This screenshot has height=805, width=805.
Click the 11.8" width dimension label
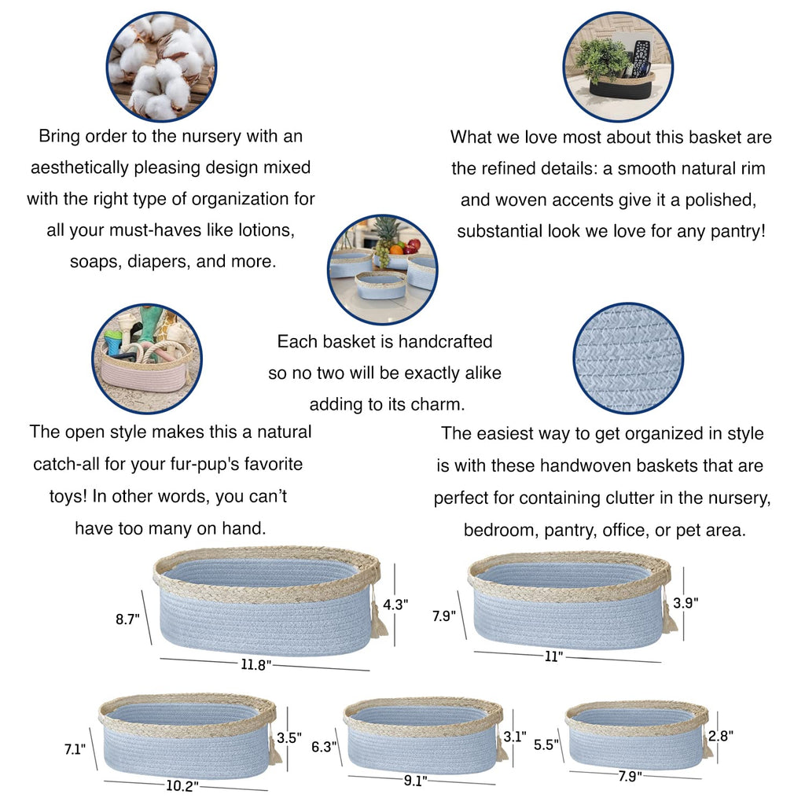pyautogui.click(x=255, y=665)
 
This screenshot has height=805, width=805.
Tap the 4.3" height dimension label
pyautogui.click(x=395, y=605)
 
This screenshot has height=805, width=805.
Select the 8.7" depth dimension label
pyautogui.click(x=127, y=619)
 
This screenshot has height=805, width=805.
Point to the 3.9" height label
pyautogui.click(x=686, y=603)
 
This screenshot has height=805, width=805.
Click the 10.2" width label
pyautogui.click(x=182, y=786)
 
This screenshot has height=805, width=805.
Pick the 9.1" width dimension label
pyautogui.click(x=415, y=781)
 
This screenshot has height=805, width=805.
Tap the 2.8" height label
pyautogui.click(x=721, y=736)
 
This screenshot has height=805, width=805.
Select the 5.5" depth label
pyautogui.click(x=546, y=744)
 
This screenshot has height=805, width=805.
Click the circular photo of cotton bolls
pyautogui.click(x=161, y=67)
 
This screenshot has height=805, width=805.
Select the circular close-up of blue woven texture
pyautogui.click(x=628, y=358)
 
